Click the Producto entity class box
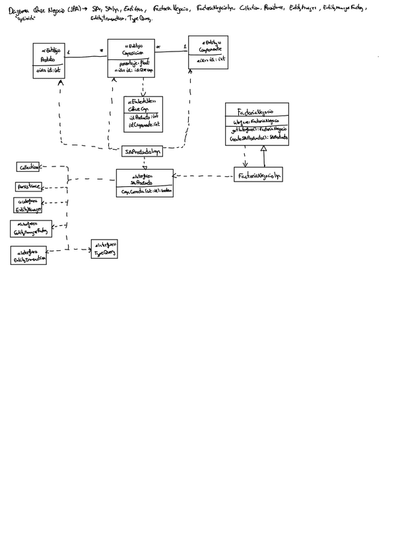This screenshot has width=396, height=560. click(48, 61)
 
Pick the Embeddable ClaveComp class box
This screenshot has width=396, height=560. click(143, 114)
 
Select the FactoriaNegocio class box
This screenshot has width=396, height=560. click(257, 124)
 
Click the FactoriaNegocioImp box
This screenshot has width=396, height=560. click(258, 174)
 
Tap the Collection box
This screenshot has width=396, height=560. click(28, 167)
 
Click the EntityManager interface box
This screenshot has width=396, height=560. click(28, 205)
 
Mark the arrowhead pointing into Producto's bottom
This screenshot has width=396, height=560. click(60, 82)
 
